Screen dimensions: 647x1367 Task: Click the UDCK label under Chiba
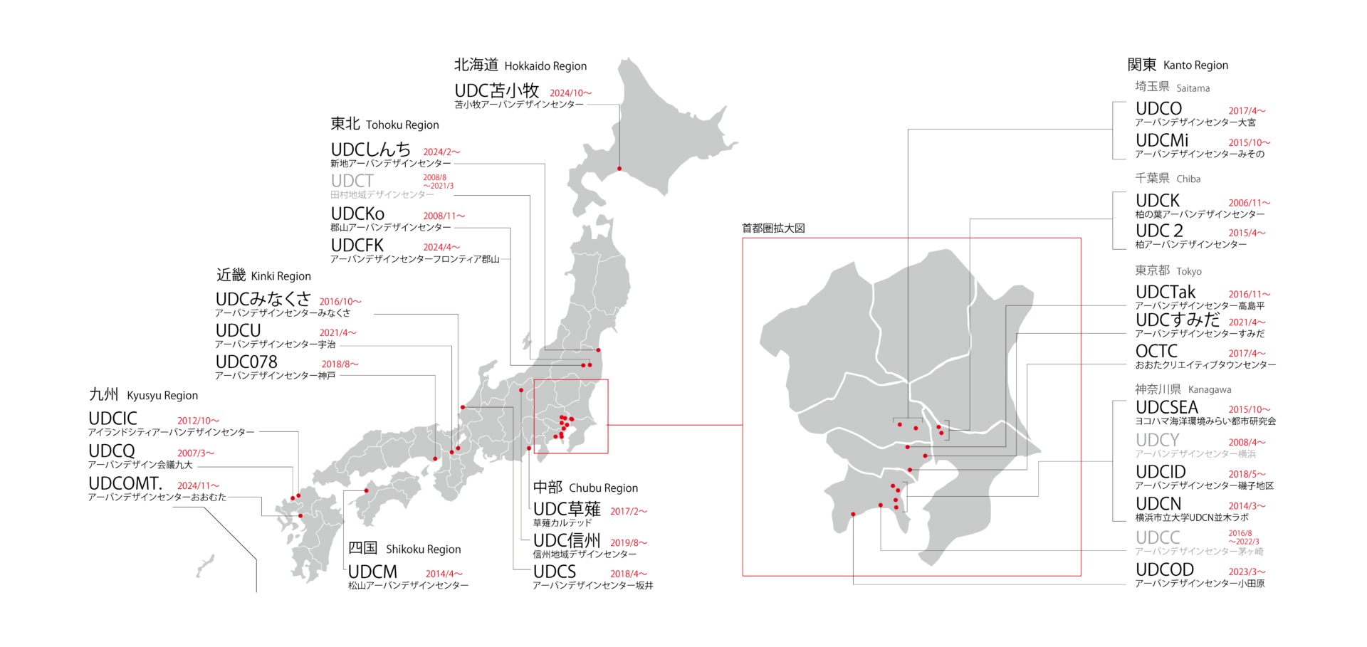tap(1158, 201)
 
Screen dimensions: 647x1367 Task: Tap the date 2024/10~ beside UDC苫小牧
tap(570, 93)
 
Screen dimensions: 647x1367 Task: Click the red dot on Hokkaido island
tap(619, 169)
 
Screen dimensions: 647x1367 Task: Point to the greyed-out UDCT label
tap(352, 181)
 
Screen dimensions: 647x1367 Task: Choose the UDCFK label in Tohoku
tap(357, 246)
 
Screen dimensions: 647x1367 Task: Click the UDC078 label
tap(246, 362)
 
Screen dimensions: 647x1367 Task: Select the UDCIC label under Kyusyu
tap(112, 419)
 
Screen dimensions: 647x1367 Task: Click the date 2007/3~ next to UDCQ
tap(195, 453)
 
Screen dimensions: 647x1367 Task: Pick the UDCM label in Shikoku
tap(372, 572)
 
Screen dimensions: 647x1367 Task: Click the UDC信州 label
tap(567, 541)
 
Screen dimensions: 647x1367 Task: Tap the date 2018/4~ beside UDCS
tap(628, 574)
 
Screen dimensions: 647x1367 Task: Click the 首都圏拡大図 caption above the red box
tap(773, 228)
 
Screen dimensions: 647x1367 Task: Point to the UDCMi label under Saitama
tap(1162, 141)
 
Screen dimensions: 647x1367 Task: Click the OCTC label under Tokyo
tap(1156, 352)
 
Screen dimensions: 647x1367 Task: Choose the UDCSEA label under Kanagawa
tap(1166, 408)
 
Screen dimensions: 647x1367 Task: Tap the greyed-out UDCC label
tap(1158, 538)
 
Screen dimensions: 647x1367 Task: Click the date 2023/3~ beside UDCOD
tap(1247, 572)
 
